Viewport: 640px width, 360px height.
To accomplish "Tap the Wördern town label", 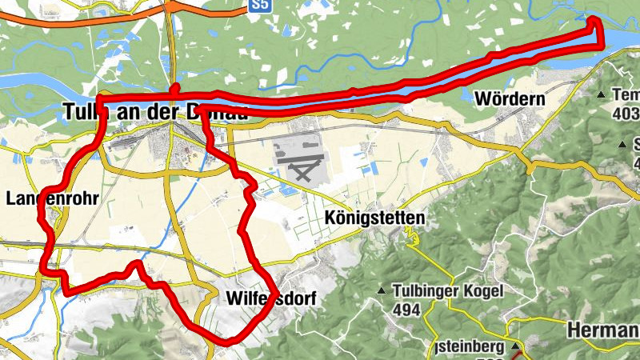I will point(510,99).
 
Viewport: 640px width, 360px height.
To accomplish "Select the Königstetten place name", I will point(374,218).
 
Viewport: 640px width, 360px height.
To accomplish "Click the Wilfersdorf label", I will point(271,299).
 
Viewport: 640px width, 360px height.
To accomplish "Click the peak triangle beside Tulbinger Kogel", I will point(382,290).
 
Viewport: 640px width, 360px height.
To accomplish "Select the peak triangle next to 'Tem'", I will point(601,95).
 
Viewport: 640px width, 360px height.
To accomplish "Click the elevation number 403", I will point(624,114).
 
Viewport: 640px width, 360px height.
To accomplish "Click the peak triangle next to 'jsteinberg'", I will point(516,347).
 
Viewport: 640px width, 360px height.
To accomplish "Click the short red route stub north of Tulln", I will point(176,90).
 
